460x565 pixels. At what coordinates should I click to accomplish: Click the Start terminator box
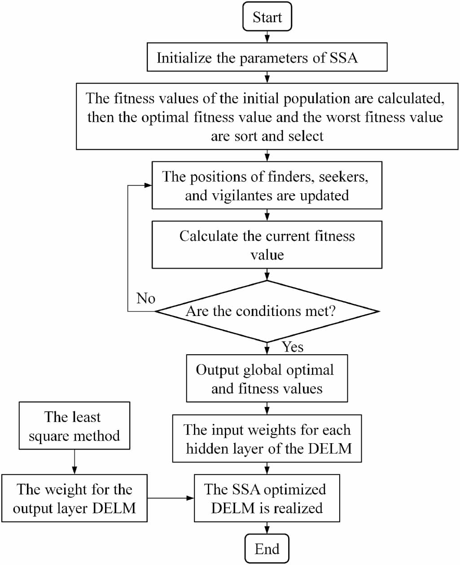pyautogui.click(x=267, y=17)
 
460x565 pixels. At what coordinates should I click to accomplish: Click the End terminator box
pyautogui.click(x=267, y=549)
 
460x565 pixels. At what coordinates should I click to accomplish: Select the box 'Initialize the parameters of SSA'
pyautogui.click(x=267, y=57)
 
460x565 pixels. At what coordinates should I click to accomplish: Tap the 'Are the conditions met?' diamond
pyautogui.click(x=267, y=311)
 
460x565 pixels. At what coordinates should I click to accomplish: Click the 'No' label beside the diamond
pyautogui.click(x=146, y=298)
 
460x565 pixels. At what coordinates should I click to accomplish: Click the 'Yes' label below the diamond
pyautogui.click(x=293, y=347)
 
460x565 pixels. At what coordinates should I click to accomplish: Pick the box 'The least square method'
pyautogui.click(x=74, y=426)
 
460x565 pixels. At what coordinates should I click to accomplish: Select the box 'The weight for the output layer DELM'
pyautogui.click(x=74, y=498)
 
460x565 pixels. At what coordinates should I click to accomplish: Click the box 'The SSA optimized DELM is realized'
pyautogui.click(x=267, y=498)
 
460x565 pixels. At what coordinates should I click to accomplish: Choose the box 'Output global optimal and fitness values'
pyautogui.click(x=267, y=379)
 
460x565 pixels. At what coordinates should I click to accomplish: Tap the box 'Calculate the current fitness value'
pyautogui.click(x=267, y=245)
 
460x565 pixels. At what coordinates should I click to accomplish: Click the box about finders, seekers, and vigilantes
pyautogui.click(x=267, y=186)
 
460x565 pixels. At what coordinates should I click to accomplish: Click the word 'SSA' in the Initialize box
pyautogui.click(x=344, y=58)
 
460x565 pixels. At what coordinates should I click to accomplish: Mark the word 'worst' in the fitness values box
pyautogui.click(x=344, y=117)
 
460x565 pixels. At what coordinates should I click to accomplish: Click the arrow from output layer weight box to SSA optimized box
pyautogui.click(x=171, y=498)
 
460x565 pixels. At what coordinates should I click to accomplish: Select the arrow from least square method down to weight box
pyautogui.click(x=74, y=462)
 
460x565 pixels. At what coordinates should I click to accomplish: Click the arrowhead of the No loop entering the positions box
pyautogui.click(x=148, y=186)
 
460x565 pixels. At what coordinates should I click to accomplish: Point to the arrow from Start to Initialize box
pyautogui.click(x=267, y=37)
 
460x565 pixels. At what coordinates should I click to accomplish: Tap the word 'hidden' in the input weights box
pyautogui.click(x=207, y=449)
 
